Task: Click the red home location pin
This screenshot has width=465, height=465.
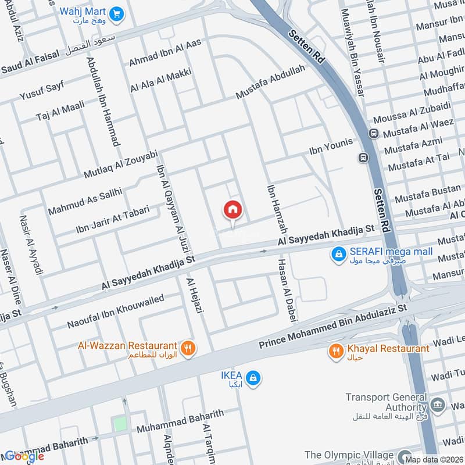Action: (x=233, y=210)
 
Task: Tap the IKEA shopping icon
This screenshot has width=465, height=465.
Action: (x=252, y=378)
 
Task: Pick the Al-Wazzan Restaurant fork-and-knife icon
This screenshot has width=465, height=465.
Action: (x=188, y=348)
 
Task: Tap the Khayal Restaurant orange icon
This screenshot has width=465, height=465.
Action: (x=336, y=350)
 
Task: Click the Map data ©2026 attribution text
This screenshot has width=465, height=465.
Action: (x=433, y=459)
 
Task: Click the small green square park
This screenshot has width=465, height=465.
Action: (x=120, y=424)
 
